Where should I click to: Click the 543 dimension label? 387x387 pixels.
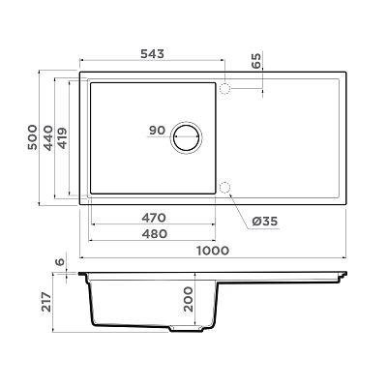coord(152,54)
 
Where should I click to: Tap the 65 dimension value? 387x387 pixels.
coord(256,61)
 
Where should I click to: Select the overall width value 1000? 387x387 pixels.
coord(213,251)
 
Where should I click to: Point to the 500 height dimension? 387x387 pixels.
coord(33,137)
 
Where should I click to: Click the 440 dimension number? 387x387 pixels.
coord(48,138)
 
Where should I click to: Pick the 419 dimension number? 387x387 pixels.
coord(62,138)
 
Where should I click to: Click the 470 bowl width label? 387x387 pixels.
coord(154,218)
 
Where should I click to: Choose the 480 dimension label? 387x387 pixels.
coord(155,234)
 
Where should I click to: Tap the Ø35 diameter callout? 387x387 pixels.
coord(264,222)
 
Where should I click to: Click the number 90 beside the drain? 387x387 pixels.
coord(157,131)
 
